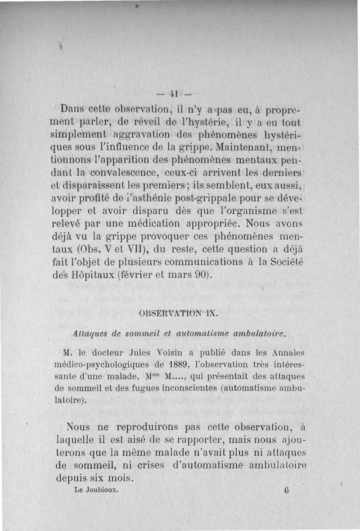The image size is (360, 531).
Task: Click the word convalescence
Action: pyautogui.click(x=127, y=172)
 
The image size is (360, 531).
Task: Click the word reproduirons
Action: pyautogui.click(x=150, y=426)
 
